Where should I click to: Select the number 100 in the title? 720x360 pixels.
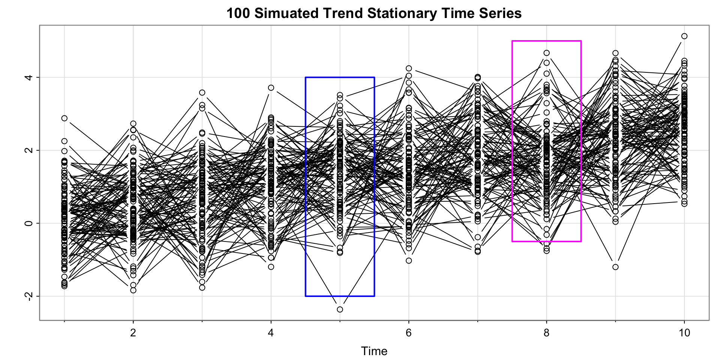point(238,13)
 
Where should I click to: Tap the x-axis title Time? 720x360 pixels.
point(374,351)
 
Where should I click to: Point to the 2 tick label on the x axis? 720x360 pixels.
point(133,333)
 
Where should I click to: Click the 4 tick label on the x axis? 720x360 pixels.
point(271,333)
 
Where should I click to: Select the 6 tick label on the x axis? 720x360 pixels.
point(409,333)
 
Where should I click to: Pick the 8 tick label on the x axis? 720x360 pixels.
point(547,333)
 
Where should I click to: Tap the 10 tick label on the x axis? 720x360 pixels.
point(684,333)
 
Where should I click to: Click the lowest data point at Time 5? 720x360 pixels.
point(340,309)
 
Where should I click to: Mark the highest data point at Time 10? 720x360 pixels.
point(684,36)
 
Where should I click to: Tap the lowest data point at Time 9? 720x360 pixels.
point(615,267)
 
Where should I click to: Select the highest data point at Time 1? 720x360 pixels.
point(64,118)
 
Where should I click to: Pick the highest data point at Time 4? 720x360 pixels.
point(271,88)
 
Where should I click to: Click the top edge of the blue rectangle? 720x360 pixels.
point(340,77)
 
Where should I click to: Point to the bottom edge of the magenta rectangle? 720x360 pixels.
point(547,241)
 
